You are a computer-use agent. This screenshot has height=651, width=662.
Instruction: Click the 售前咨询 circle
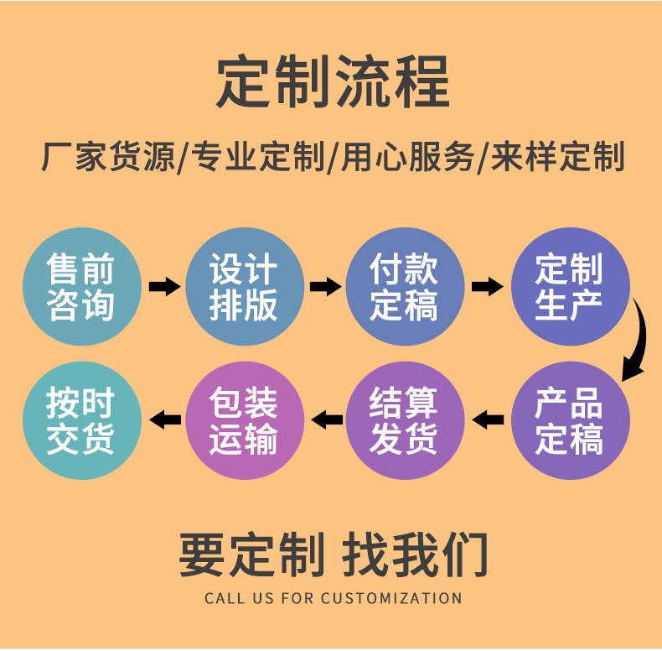[x=81, y=287]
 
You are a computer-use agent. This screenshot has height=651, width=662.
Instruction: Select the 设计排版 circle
[x=244, y=287]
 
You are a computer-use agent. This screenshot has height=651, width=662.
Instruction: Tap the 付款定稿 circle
[x=405, y=287]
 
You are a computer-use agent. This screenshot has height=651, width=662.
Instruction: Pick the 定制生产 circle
[x=570, y=287]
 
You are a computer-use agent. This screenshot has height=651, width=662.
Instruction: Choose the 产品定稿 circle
[x=570, y=420]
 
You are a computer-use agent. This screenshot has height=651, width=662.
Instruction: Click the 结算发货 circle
[x=405, y=420]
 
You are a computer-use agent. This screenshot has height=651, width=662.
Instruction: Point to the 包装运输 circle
[x=244, y=420]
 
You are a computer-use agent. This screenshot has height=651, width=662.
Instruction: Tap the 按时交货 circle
[x=81, y=420]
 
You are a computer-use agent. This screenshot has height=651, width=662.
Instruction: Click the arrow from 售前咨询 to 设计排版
[x=163, y=287]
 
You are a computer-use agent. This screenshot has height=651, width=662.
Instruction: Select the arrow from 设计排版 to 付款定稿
[x=324, y=287]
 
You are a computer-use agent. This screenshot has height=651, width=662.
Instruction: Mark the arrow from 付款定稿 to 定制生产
[x=487, y=287]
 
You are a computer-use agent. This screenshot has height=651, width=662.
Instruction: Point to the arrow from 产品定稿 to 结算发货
[x=487, y=419]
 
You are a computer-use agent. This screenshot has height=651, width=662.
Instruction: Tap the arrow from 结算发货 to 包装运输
[x=326, y=419]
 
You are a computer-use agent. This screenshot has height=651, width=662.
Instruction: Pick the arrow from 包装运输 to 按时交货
[x=164, y=419]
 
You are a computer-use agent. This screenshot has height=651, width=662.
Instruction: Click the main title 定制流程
[x=332, y=82]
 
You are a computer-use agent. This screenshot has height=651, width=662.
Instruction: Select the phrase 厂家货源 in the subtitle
[x=109, y=157]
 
